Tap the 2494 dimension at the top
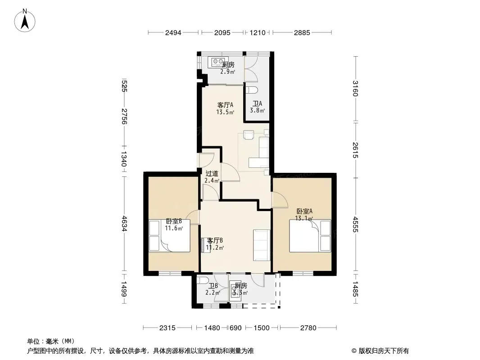tap(173, 33)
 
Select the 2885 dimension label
tap(302, 33)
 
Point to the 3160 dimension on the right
tap(355, 88)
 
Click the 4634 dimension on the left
tap(124, 224)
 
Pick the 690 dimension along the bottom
tap(235, 328)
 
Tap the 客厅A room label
tap(225, 105)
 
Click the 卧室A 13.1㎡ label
tap(304, 215)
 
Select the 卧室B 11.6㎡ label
tap(174, 225)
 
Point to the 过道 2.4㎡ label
tap(212, 177)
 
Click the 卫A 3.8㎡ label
tap(257, 107)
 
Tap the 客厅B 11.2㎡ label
tap(215, 244)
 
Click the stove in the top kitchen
tap(218, 62)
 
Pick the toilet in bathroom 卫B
tap(203, 280)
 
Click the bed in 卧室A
tap(310, 235)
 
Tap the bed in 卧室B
tap(170, 235)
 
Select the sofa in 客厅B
tap(262, 245)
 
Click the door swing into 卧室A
tap(280, 200)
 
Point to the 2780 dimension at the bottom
tap(308, 328)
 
